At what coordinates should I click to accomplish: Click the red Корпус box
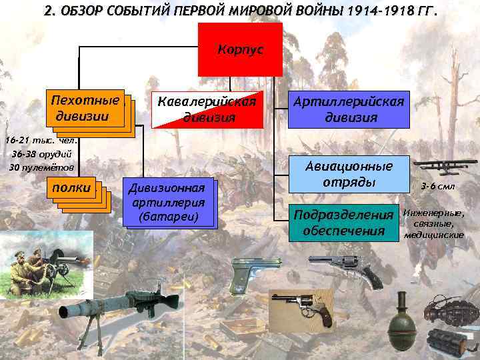(x=240, y=49)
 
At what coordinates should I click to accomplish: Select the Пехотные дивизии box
(x=85, y=107)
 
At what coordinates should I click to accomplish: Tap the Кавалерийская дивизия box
(x=204, y=108)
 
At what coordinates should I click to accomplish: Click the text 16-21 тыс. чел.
(x=41, y=141)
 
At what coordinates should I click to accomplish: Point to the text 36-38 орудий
(x=43, y=154)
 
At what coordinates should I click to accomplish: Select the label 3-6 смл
(x=438, y=187)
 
